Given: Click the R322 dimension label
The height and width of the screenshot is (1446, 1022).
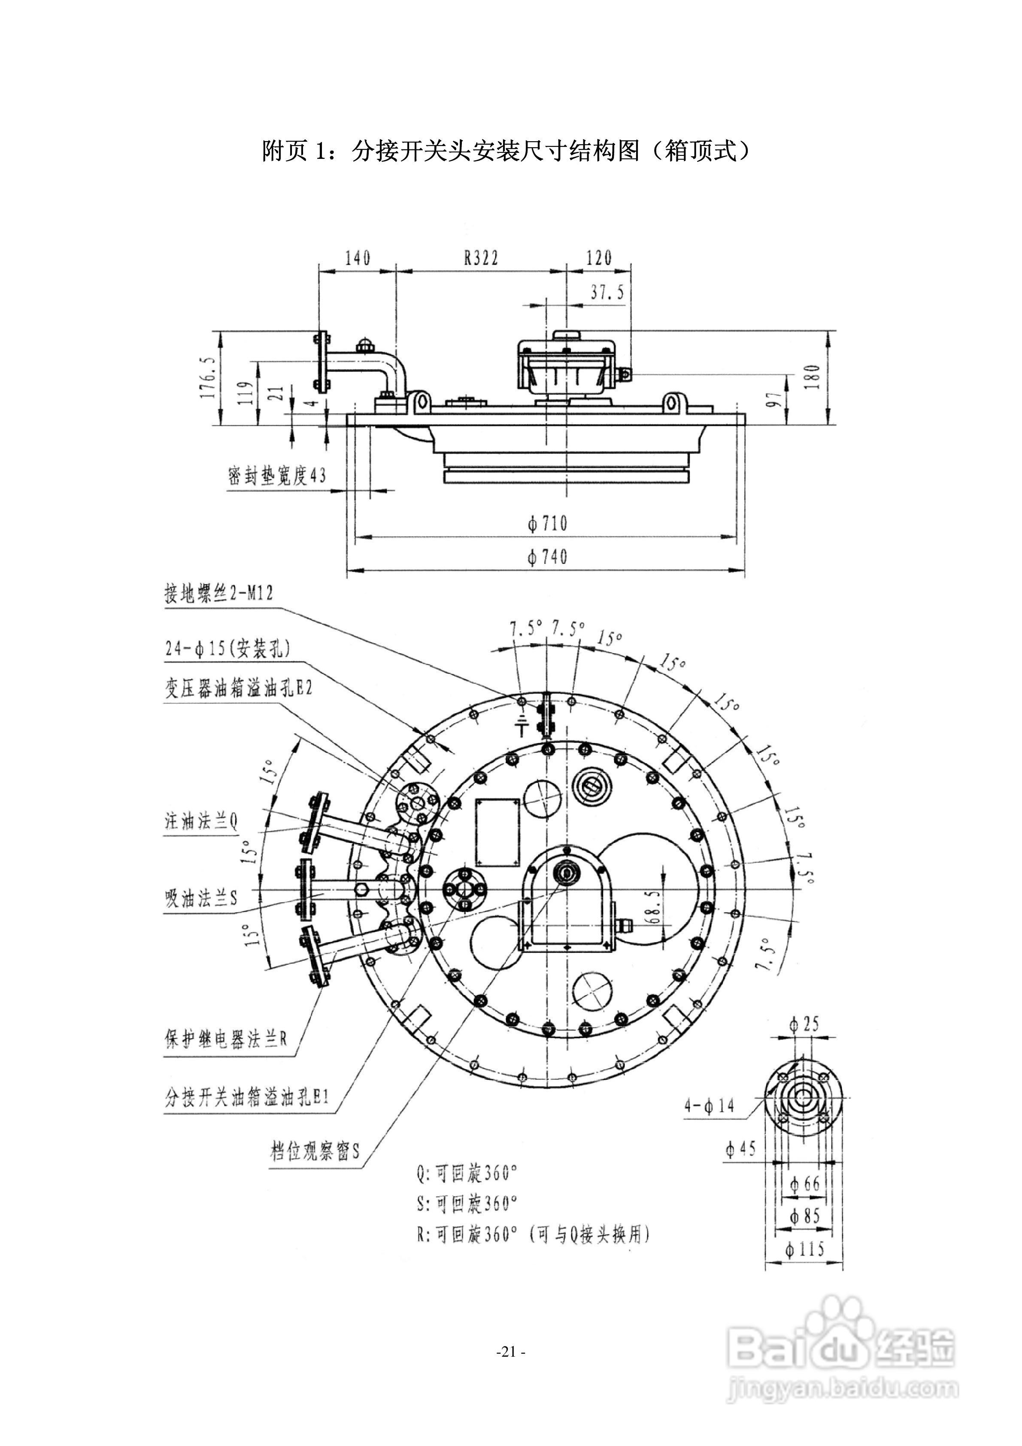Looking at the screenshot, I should [481, 258].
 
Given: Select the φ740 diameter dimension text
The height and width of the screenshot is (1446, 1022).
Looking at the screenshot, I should [547, 557].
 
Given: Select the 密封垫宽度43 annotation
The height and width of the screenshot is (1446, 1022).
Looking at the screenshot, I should [277, 476].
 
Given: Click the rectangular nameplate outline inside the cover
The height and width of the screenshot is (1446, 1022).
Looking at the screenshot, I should [497, 832].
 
